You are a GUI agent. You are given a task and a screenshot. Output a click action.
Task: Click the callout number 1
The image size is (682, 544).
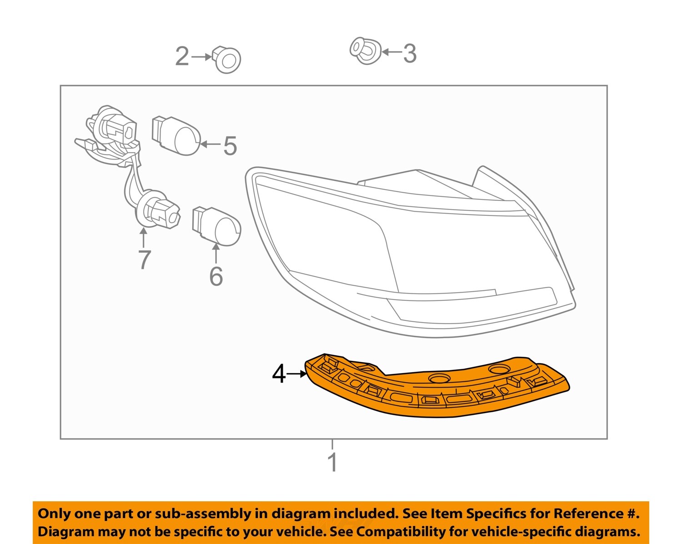point(332,462)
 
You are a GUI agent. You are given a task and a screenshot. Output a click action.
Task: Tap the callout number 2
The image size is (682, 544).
point(182,57)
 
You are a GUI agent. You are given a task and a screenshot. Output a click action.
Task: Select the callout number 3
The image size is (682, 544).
point(410,54)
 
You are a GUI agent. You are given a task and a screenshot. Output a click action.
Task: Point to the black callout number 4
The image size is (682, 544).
point(279,374)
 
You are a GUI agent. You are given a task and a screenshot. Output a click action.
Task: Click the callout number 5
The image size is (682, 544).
point(230,146)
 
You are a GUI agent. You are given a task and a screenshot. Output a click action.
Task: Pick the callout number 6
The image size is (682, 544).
point(216,276)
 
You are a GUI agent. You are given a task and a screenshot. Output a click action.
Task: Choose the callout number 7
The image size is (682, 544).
point(144,260)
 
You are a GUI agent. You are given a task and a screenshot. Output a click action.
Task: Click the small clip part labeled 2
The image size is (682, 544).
point(227,60)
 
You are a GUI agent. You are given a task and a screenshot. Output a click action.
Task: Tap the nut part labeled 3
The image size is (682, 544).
point(365,50)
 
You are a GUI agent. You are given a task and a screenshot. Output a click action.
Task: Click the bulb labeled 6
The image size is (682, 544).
point(217,226)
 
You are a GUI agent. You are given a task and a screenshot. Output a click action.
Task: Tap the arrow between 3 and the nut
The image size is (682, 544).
point(391,52)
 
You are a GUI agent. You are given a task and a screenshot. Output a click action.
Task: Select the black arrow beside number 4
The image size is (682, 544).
point(298,374)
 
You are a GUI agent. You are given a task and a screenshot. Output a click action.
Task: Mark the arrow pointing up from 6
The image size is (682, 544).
point(216,254)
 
